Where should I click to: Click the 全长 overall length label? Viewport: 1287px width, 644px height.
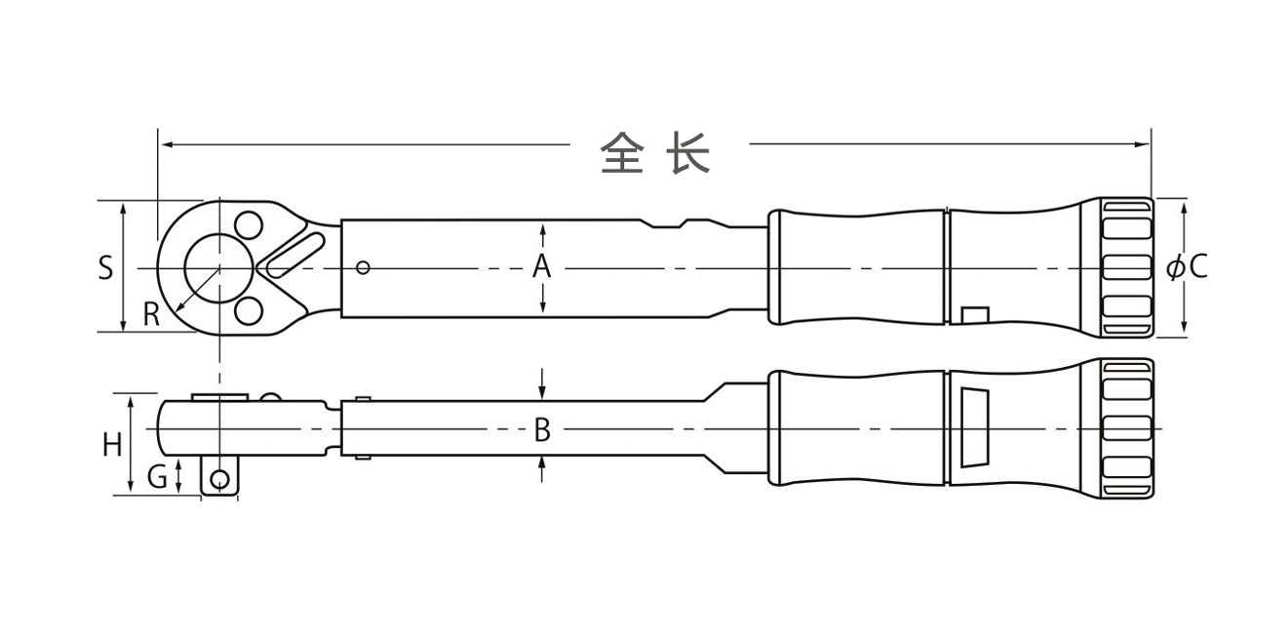coord(655,153)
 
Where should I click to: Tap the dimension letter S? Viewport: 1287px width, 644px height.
coord(105,268)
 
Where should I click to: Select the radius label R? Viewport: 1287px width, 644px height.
coord(151,314)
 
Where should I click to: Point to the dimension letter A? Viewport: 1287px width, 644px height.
coord(542,266)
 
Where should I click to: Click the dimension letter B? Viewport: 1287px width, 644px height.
coord(542,429)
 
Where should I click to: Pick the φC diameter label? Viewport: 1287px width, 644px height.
coord(1187,266)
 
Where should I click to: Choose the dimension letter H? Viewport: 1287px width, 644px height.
coord(112,445)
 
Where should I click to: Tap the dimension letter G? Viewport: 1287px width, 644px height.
coord(157,477)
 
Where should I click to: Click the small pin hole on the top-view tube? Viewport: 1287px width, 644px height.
coord(363,267)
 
